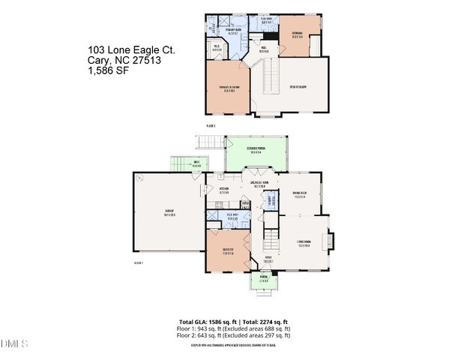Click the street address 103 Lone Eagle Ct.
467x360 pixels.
pyautogui.click(x=131, y=50)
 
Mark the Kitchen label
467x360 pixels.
pyautogui.click(x=224, y=190)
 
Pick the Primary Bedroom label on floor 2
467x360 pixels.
pyautogui.click(x=230, y=88)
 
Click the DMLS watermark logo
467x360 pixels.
pyautogui.click(x=15, y=344)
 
